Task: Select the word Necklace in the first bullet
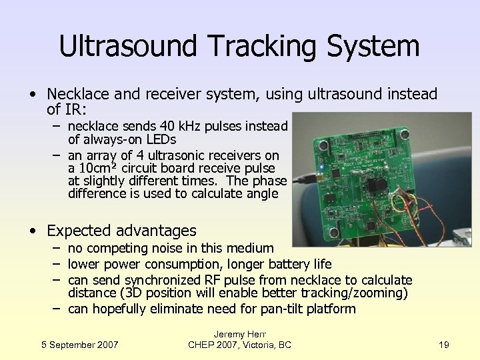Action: tap(77, 95)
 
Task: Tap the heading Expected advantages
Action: tap(121, 231)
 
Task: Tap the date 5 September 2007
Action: tap(80, 344)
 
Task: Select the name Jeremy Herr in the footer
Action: tap(240, 333)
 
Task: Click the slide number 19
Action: tap(445, 344)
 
